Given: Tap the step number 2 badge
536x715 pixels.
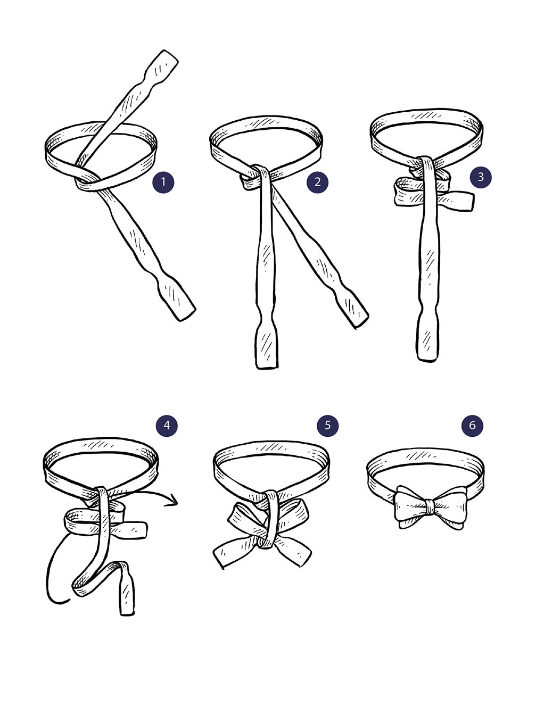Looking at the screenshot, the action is pyautogui.click(x=317, y=182).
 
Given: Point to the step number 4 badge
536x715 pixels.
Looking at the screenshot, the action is pyautogui.click(x=167, y=426).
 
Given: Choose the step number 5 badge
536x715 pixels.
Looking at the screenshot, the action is pyautogui.click(x=327, y=426).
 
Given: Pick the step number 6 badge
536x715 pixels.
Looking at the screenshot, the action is pyautogui.click(x=472, y=426).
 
